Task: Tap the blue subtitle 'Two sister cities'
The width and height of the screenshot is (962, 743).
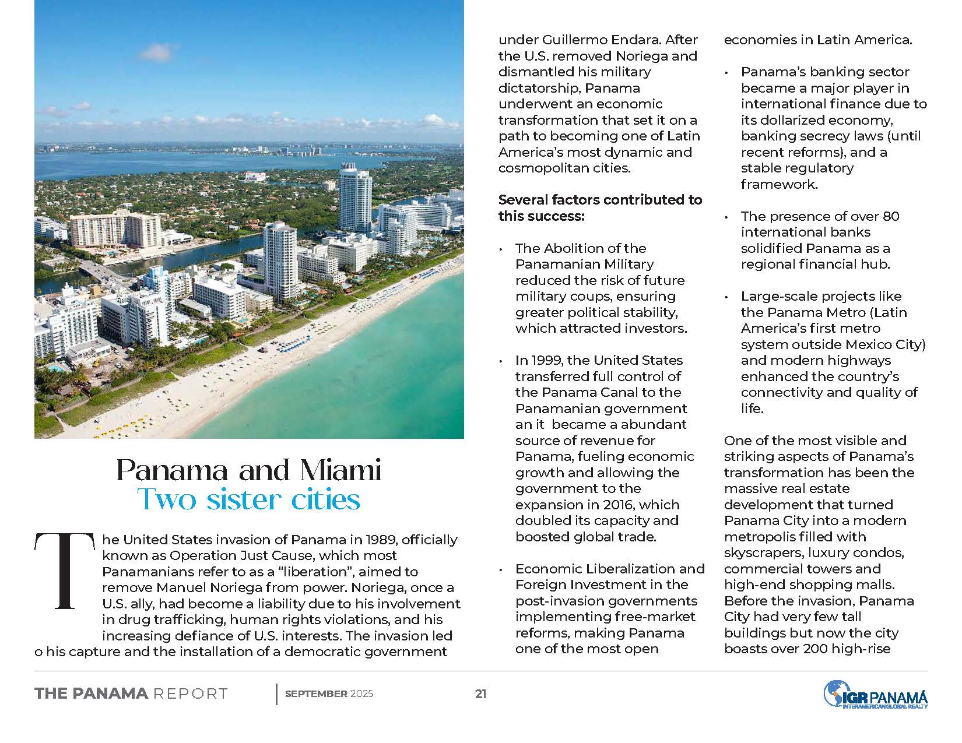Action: [248, 499]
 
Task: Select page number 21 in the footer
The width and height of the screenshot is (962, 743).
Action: [480, 693]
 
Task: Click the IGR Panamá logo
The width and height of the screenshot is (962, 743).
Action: [875, 695]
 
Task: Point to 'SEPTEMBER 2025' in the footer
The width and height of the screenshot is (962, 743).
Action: [329, 693]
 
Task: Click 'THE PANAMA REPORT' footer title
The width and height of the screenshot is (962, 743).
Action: [131, 693]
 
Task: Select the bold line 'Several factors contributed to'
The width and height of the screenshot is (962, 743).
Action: [600, 200]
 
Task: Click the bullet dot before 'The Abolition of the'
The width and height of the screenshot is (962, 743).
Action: [501, 249]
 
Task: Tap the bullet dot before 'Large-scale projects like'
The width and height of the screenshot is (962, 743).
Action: [727, 297]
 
